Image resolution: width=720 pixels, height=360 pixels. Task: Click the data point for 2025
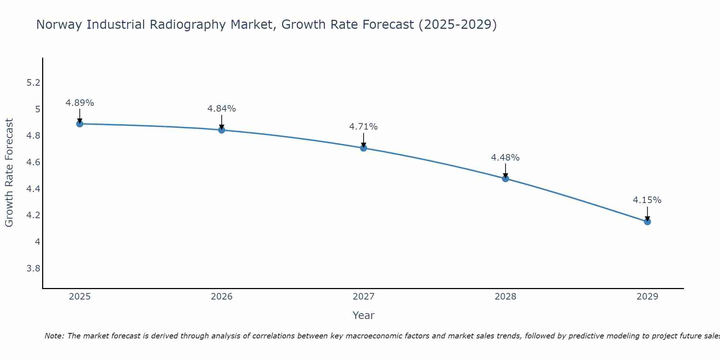80,124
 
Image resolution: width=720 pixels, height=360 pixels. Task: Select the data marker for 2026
222,130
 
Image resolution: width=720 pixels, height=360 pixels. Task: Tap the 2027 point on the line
364,148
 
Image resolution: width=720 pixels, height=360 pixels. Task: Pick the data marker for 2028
505,179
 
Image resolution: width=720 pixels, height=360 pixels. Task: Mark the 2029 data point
647,222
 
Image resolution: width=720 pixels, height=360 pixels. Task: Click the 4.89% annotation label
80,103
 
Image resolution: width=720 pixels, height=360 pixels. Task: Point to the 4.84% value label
222,109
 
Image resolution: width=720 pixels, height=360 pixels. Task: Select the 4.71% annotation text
364,127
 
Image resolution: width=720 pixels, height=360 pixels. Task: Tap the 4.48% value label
505,158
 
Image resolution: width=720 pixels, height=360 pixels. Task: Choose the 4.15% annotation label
647,200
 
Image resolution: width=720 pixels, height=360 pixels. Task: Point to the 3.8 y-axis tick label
33,269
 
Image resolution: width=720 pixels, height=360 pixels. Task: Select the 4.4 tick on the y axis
33,189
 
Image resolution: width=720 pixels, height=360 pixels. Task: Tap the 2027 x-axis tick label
364,297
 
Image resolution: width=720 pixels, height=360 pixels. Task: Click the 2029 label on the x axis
647,297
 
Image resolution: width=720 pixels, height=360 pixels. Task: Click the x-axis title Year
364,315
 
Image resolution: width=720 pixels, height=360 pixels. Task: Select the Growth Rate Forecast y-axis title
9,173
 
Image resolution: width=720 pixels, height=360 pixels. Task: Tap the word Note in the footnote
54,336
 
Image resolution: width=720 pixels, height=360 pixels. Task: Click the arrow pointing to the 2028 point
505,171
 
